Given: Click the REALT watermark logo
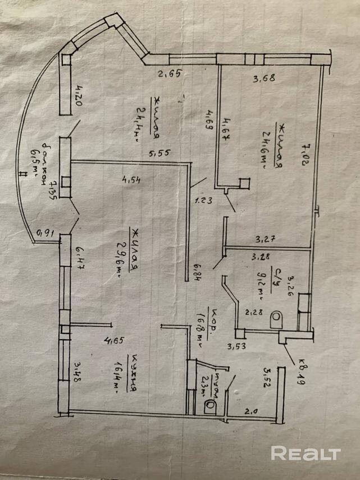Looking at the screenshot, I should tap(306, 453).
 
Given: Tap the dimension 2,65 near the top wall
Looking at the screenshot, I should tap(168, 73).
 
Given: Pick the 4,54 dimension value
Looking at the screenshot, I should tap(130, 180).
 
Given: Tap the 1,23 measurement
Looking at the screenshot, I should tap(203, 198).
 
